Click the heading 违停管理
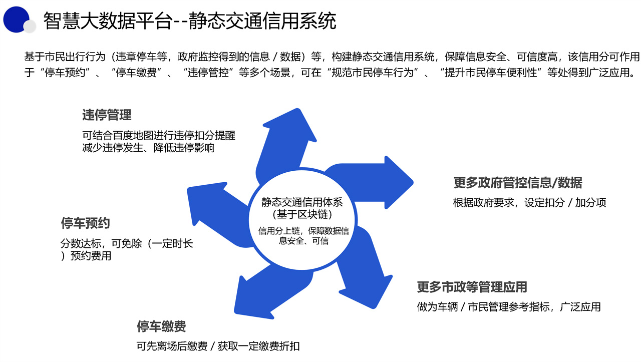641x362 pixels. (107, 115)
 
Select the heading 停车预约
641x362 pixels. (85, 223)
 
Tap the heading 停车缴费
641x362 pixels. (161, 327)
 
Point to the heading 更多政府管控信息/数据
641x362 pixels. (518, 183)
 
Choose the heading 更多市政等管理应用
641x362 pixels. (472, 287)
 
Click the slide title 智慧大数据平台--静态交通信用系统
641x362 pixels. (189, 21)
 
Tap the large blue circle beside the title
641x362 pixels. (16, 19)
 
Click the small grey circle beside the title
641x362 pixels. (30, 26)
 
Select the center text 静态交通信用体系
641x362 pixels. (302, 203)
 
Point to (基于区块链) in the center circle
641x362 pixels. (302, 215)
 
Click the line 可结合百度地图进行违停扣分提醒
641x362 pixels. (159, 136)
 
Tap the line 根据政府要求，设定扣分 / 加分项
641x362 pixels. (529, 203)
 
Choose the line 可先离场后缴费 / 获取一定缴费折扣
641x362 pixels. (218, 346)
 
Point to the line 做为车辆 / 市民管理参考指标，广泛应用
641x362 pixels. (509, 307)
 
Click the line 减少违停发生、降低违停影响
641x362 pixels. (148, 148)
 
